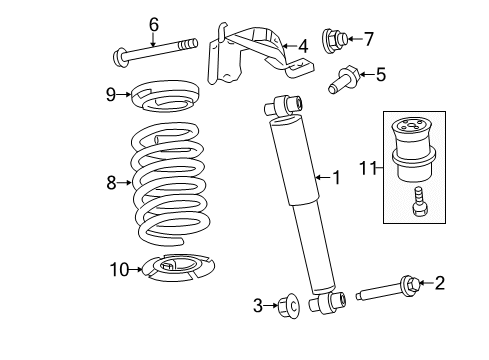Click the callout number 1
coord(336,178)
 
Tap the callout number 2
coord(438,284)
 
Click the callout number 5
coord(380,73)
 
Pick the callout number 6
coord(153,23)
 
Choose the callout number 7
coord(369,39)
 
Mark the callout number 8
coord(112,182)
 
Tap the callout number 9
coord(113,95)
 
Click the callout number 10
coord(119,268)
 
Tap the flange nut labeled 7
coord(334,40)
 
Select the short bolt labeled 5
coord(344,77)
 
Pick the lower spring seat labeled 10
coord(176,268)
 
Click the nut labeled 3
coord(290,304)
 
